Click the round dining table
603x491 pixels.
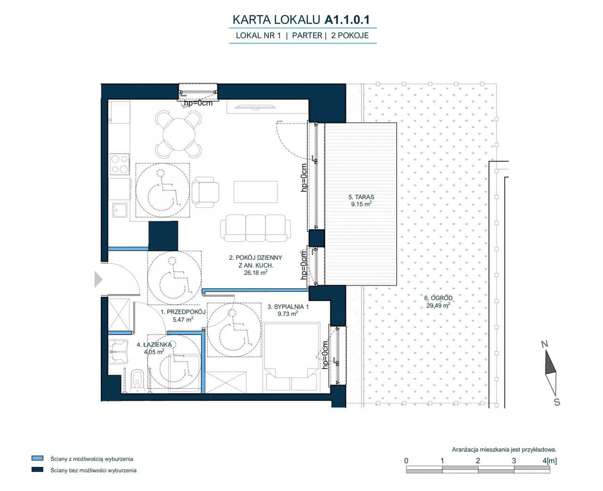[x=179, y=134]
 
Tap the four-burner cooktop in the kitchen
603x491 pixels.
[x=120, y=164]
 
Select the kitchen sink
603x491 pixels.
[x=120, y=210]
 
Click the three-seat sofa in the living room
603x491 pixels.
[x=255, y=228]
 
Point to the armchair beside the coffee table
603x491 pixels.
[x=205, y=192]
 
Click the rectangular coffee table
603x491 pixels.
[x=255, y=192]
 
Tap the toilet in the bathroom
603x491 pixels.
[x=138, y=380]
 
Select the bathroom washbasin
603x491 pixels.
[x=118, y=352]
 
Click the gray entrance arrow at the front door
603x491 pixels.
[x=98, y=279]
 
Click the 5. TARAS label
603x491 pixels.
[x=361, y=197]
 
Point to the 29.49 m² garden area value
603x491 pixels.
[x=438, y=305]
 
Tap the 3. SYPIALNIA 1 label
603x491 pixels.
[x=288, y=307]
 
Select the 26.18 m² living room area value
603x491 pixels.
[x=255, y=273]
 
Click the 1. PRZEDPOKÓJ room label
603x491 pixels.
[x=183, y=312]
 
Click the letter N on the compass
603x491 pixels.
[x=544, y=344]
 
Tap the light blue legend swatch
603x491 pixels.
[x=37, y=458]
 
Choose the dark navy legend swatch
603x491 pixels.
[x=37, y=469]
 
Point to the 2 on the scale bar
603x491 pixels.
[x=478, y=461]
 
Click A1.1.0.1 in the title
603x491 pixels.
[x=347, y=20]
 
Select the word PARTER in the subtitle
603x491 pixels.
[x=307, y=35]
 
